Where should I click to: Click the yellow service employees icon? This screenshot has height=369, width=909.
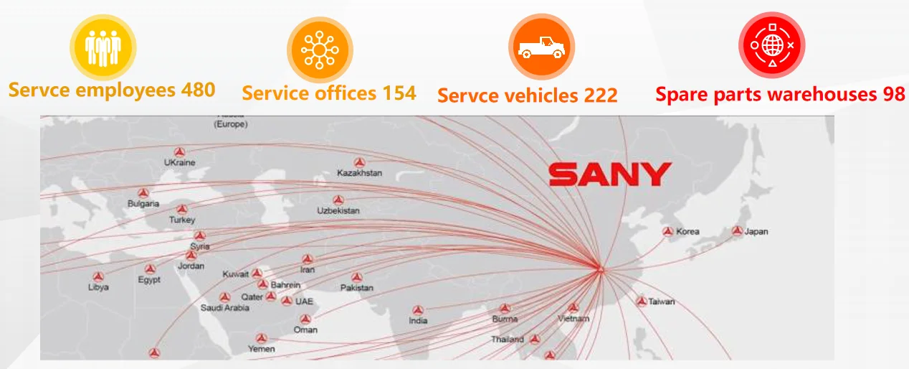(x=103, y=48)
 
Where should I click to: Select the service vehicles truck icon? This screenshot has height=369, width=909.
(x=541, y=47)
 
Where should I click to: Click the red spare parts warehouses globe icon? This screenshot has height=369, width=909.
(x=772, y=45)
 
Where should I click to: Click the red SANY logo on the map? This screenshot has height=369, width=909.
(x=609, y=174)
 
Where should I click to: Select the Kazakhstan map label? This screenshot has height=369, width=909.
(x=359, y=173)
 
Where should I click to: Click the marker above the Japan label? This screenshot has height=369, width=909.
(x=737, y=230)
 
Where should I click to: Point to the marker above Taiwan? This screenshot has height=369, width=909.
(x=642, y=301)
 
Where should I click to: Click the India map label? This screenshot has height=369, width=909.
(x=418, y=321)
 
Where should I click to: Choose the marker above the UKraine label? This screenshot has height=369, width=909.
(x=179, y=151)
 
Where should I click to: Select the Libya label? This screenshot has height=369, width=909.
(x=98, y=287)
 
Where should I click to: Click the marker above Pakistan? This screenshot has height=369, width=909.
(x=357, y=277)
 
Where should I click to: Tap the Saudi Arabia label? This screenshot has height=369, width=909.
(x=225, y=308)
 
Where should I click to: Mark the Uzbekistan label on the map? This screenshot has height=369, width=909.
(x=338, y=211)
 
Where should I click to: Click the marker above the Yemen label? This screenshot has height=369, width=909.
(x=262, y=337)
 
